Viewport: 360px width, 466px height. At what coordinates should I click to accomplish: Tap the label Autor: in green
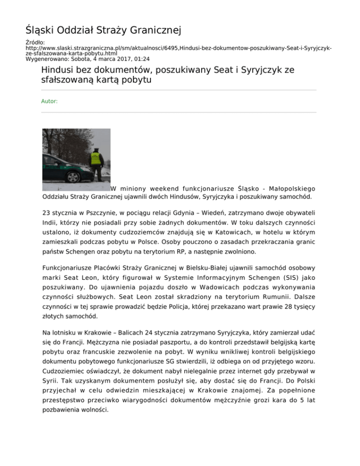[x=49, y=101]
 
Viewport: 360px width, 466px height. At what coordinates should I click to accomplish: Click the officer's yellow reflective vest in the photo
[x=96, y=159]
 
